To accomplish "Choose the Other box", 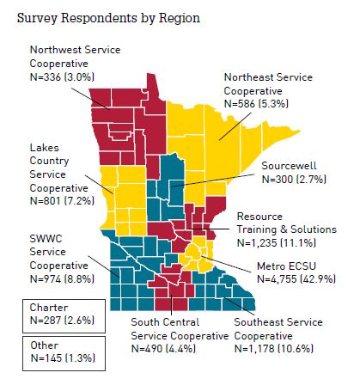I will (x=58, y=350).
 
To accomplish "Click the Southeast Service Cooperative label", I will (x=285, y=329).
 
